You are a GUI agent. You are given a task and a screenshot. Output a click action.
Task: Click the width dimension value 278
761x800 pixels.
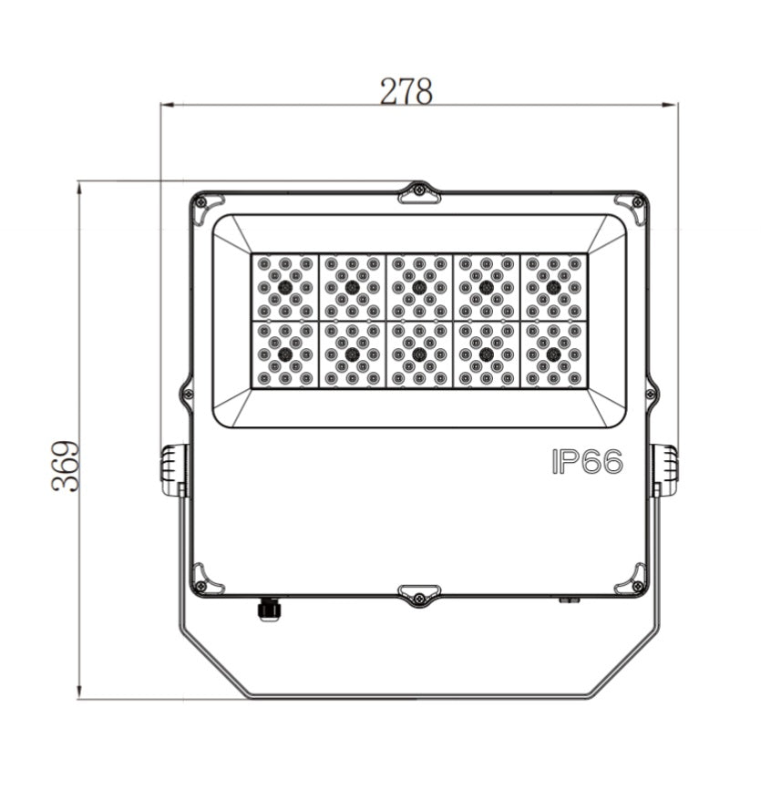pyautogui.click(x=406, y=90)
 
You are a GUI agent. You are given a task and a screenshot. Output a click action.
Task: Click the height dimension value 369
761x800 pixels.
pyautogui.click(x=66, y=467)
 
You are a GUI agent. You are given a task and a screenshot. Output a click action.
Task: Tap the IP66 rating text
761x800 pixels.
pyautogui.click(x=587, y=462)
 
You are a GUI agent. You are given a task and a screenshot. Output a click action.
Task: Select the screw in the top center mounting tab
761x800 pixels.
pyautogui.click(x=418, y=190)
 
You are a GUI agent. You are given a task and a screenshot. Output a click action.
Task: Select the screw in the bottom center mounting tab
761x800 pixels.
pyautogui.click(x=418, y=598)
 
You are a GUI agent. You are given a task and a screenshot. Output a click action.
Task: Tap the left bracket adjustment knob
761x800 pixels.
pyautogui.click(x=174, y=469)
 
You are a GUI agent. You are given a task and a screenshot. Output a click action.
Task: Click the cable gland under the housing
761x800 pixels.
pyautogui.click(x=268, y=609)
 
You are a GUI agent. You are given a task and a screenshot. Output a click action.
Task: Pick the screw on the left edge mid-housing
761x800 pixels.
pyautogui.click(x=188, y=395)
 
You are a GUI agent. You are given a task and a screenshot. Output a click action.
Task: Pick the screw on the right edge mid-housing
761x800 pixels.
pyautogui.click(x=650, y=395)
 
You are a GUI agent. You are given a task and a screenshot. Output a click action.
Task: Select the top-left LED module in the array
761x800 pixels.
pyautogui.click(x=284, y=287)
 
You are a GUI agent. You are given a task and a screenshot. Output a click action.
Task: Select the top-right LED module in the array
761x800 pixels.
pyautogui.click(x=553, y=287)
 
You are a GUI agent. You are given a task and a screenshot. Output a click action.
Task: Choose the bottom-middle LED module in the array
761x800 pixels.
pyautogui.click(x=418, y=354)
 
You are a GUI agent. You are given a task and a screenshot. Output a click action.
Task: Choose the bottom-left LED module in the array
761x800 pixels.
pyautogui.click(x=284, y=354)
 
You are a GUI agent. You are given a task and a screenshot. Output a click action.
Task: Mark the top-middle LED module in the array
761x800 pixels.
pyautogui.click(x=418, y=287)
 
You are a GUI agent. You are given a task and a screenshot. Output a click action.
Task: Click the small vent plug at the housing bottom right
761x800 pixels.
pyautogui.click(x=570, y=600)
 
